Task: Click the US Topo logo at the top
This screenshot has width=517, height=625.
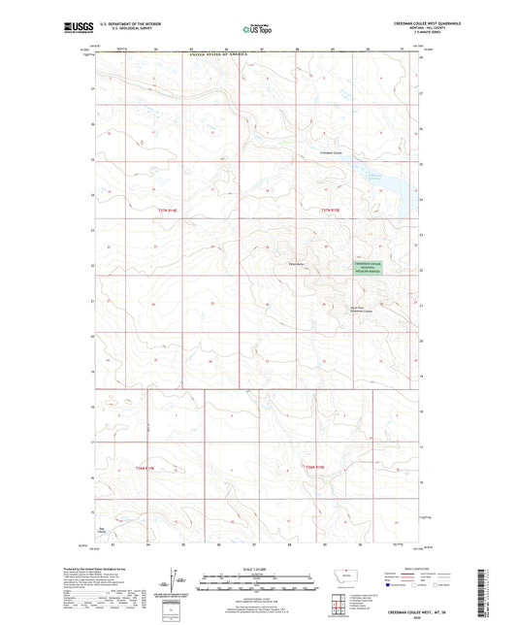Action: click(254, 29)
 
